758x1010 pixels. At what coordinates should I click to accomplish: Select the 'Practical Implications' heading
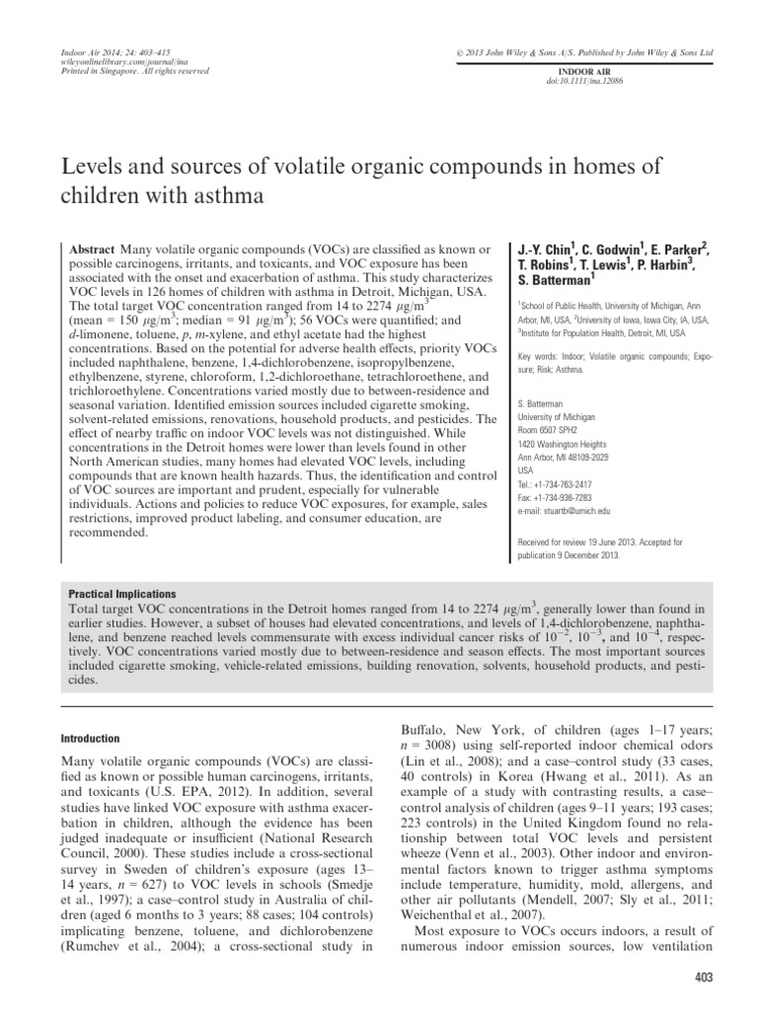pos(121,595)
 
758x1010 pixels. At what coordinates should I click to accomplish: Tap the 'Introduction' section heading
pos(91,739)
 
